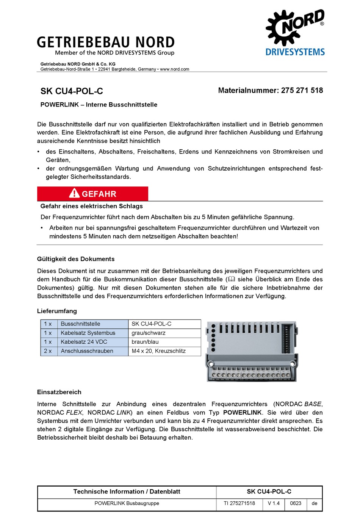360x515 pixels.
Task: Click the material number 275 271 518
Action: [302, 91]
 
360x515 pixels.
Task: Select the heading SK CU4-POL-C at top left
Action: [72, 91]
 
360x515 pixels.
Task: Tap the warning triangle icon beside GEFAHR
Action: [74, 194]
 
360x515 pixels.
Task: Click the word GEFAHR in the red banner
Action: [99, 194]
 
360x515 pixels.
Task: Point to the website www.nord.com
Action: [174, 69]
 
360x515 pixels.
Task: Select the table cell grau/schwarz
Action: [149, 333]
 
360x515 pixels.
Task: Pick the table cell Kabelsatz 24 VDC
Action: [84, 342]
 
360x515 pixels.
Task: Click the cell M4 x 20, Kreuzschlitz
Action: [158, 351]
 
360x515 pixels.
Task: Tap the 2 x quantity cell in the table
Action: [48, 351]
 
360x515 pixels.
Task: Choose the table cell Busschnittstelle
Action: [80, 324]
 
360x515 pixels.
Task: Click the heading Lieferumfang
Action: [57, 311]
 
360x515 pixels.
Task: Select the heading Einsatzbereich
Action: [59, 392]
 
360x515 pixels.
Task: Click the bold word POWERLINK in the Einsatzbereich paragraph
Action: [243, 413]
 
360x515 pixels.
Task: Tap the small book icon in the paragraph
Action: [231, 279]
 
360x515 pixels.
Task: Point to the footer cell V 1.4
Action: [274, 504]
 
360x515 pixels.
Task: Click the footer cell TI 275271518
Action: [239, 504]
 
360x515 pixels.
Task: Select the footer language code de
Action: [315, 504]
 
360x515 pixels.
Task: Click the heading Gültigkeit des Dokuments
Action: [76, 259]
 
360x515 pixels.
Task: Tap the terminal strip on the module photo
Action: [251, 375]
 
